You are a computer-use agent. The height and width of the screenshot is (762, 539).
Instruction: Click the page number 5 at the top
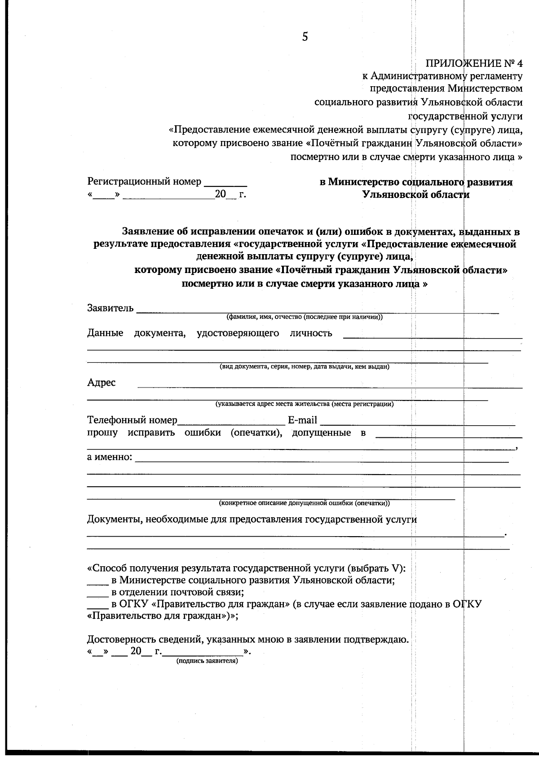[x=305, y=37]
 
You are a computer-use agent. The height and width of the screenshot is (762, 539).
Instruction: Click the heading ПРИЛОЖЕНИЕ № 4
[x=474, y=63]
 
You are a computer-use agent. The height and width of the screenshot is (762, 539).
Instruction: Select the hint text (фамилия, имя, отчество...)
[x=304, y=317]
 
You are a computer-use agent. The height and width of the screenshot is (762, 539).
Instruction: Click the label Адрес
[x=101, y=383]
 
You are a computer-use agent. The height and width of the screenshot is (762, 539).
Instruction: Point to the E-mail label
[x=302, y=421]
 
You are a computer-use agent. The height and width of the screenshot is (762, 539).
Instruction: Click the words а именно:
[x=110, y=458]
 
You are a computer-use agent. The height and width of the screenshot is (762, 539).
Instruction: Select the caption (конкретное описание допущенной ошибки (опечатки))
[x=304, y=503]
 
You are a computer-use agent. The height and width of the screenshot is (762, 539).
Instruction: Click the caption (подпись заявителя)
[x=207, y=661]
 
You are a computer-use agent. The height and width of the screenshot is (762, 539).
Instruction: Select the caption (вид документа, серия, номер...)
[x=304, y=367]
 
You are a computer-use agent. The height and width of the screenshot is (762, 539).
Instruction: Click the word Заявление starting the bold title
[x=149, y=232]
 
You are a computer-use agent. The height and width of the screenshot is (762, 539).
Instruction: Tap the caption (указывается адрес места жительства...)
[x=304, y=404]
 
